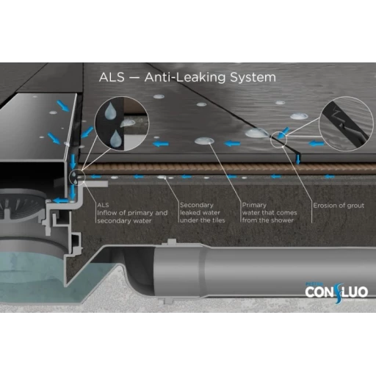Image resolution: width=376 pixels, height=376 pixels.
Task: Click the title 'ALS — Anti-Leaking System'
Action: [187, 77]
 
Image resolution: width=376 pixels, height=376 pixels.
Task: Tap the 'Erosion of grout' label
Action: [339, 206]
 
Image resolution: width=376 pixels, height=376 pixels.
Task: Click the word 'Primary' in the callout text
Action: [254, 205]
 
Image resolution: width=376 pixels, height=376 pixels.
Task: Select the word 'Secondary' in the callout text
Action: [197, 205]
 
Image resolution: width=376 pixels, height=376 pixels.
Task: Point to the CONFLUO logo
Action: [336, 292]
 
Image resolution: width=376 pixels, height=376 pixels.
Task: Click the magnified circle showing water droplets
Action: [122, 123]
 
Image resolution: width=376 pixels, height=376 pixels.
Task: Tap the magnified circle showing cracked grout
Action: [346, 123]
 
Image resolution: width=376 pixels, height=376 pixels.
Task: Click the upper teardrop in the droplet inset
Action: [110, 111]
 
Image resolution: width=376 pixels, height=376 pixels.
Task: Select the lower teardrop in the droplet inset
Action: [115, 138]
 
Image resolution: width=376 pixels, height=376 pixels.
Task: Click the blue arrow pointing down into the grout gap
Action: [297, 159]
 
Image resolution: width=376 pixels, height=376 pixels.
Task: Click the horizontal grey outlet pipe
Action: [264, 272]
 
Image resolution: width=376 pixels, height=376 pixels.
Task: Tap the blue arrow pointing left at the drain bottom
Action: [60, 200]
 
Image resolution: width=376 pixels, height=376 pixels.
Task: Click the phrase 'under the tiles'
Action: [202, 220]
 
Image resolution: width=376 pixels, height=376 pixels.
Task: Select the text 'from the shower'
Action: [268, 220]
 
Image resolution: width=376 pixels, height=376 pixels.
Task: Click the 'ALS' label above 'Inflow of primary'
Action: [103, 205]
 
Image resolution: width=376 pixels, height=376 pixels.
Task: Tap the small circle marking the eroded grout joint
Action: [278, 140]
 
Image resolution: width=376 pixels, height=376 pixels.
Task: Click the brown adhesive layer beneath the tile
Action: [228, 169]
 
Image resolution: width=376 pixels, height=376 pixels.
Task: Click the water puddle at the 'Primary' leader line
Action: [204, 141]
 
